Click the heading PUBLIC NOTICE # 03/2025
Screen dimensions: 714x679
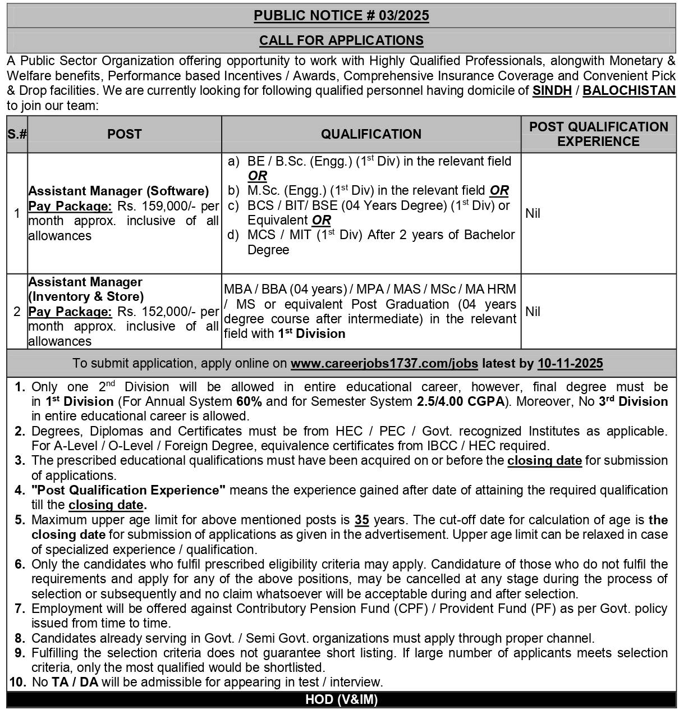point(341,16)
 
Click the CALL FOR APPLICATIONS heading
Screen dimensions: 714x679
point(341,40)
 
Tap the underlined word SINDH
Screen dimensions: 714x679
point(552,90)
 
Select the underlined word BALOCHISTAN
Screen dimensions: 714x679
point(628,90)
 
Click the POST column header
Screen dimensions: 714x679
point(125,134)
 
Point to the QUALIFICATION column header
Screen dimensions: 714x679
point(371,134)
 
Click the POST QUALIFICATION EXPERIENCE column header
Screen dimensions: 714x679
point(598,134)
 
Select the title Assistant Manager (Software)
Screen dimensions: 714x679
point(118,191)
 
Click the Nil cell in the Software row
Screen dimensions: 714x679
point(533,213)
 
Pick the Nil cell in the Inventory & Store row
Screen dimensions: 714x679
point(533,312)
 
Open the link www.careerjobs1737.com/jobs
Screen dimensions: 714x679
point(384,364)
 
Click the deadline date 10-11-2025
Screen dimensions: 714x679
point(570,364)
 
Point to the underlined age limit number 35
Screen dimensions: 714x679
point(362,520)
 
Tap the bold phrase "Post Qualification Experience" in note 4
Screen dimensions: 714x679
point(129,490)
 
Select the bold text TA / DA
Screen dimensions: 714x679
point(75,682)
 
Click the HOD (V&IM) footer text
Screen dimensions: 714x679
point(341,699)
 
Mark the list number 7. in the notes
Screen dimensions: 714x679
point(20,608)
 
